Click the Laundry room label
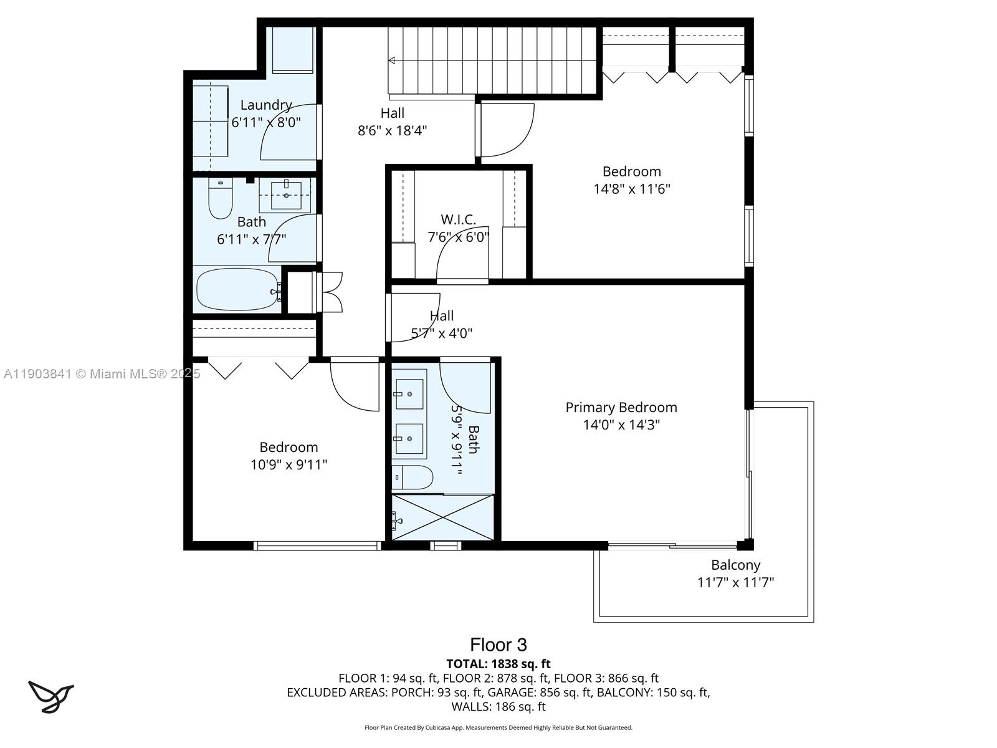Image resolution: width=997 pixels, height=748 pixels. tap(266, 105)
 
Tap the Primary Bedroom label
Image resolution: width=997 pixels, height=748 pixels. tap(621, 408)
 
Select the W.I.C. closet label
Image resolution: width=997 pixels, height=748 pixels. tap(459, 219)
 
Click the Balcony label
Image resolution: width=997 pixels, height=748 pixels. tap(736, 565)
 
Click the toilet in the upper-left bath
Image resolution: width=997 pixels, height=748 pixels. tap(220, 198)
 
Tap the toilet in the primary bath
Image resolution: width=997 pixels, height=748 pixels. tap(413, 478)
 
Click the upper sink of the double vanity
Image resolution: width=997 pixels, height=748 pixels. tap(409, 393)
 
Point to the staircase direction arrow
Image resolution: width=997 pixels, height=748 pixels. tap(393, 60)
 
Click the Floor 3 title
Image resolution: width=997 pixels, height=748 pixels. tap(499, 645)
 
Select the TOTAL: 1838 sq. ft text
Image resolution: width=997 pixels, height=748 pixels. tap(499, 664)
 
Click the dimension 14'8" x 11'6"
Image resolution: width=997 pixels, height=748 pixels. tap(631, 189)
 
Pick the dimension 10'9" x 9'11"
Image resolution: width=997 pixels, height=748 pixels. tap(289, 465)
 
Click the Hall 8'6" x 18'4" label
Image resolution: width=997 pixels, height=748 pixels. tap(392, 122)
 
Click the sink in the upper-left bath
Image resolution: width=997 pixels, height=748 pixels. tap(287, 194)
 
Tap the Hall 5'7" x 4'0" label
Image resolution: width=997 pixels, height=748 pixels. tap(441, 324)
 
